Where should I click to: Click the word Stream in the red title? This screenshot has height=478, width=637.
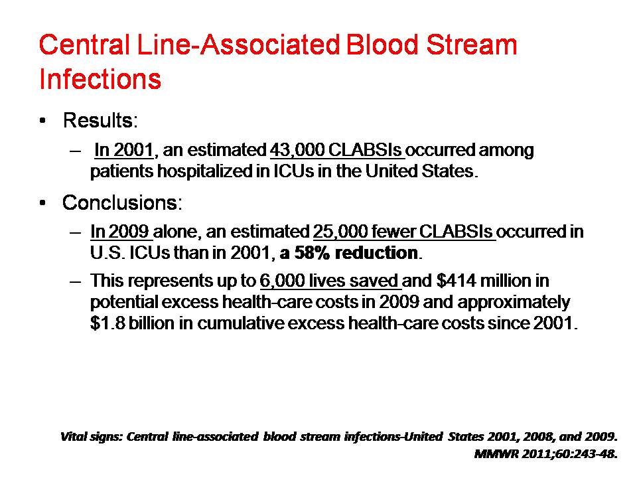click(x=472, y=44)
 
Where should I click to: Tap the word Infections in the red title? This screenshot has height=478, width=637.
click(x=100, y=78)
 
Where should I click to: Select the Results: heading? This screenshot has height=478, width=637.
click(x=100, y=120)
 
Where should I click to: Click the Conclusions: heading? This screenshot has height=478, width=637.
click(x=122, y=202)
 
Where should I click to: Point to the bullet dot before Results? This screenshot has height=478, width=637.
click(x=42, y=120)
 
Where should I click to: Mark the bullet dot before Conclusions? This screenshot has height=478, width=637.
click(x=42, y=202)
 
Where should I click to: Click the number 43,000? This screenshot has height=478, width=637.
click(x=297, y=151)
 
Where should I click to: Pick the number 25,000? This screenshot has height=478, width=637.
click(x=340, y=232)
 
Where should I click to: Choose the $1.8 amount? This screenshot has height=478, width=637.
click(x=107, y=323)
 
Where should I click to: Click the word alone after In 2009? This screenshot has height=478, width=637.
click(x=175, y=232)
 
